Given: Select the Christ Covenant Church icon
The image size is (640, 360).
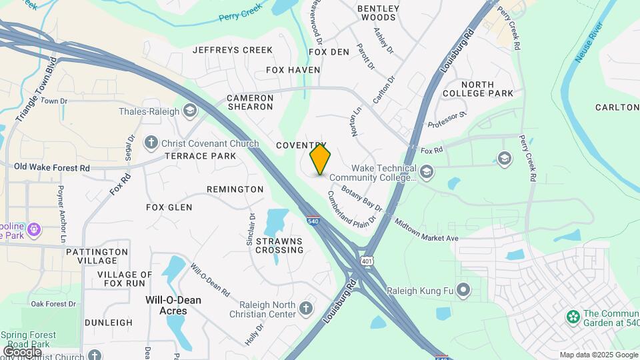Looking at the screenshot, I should click(x=151, y=142).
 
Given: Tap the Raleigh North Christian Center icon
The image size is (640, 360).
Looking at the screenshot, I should click(x=305, y=309).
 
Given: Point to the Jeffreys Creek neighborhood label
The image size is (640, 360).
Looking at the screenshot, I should click(x=233, y=50).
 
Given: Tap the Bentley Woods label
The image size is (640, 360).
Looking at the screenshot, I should click(x=378, y=13).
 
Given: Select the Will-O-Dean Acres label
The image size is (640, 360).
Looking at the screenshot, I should click(x=173, y=305).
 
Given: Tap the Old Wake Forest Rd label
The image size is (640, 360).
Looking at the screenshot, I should click(x=52, y=167).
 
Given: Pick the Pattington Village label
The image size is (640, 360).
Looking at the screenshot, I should click(x=97, y=257).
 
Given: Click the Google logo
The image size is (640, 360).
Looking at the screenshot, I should click(x=22, y=351).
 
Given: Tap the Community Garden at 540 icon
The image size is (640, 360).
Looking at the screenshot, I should click(x=571, y=315).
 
